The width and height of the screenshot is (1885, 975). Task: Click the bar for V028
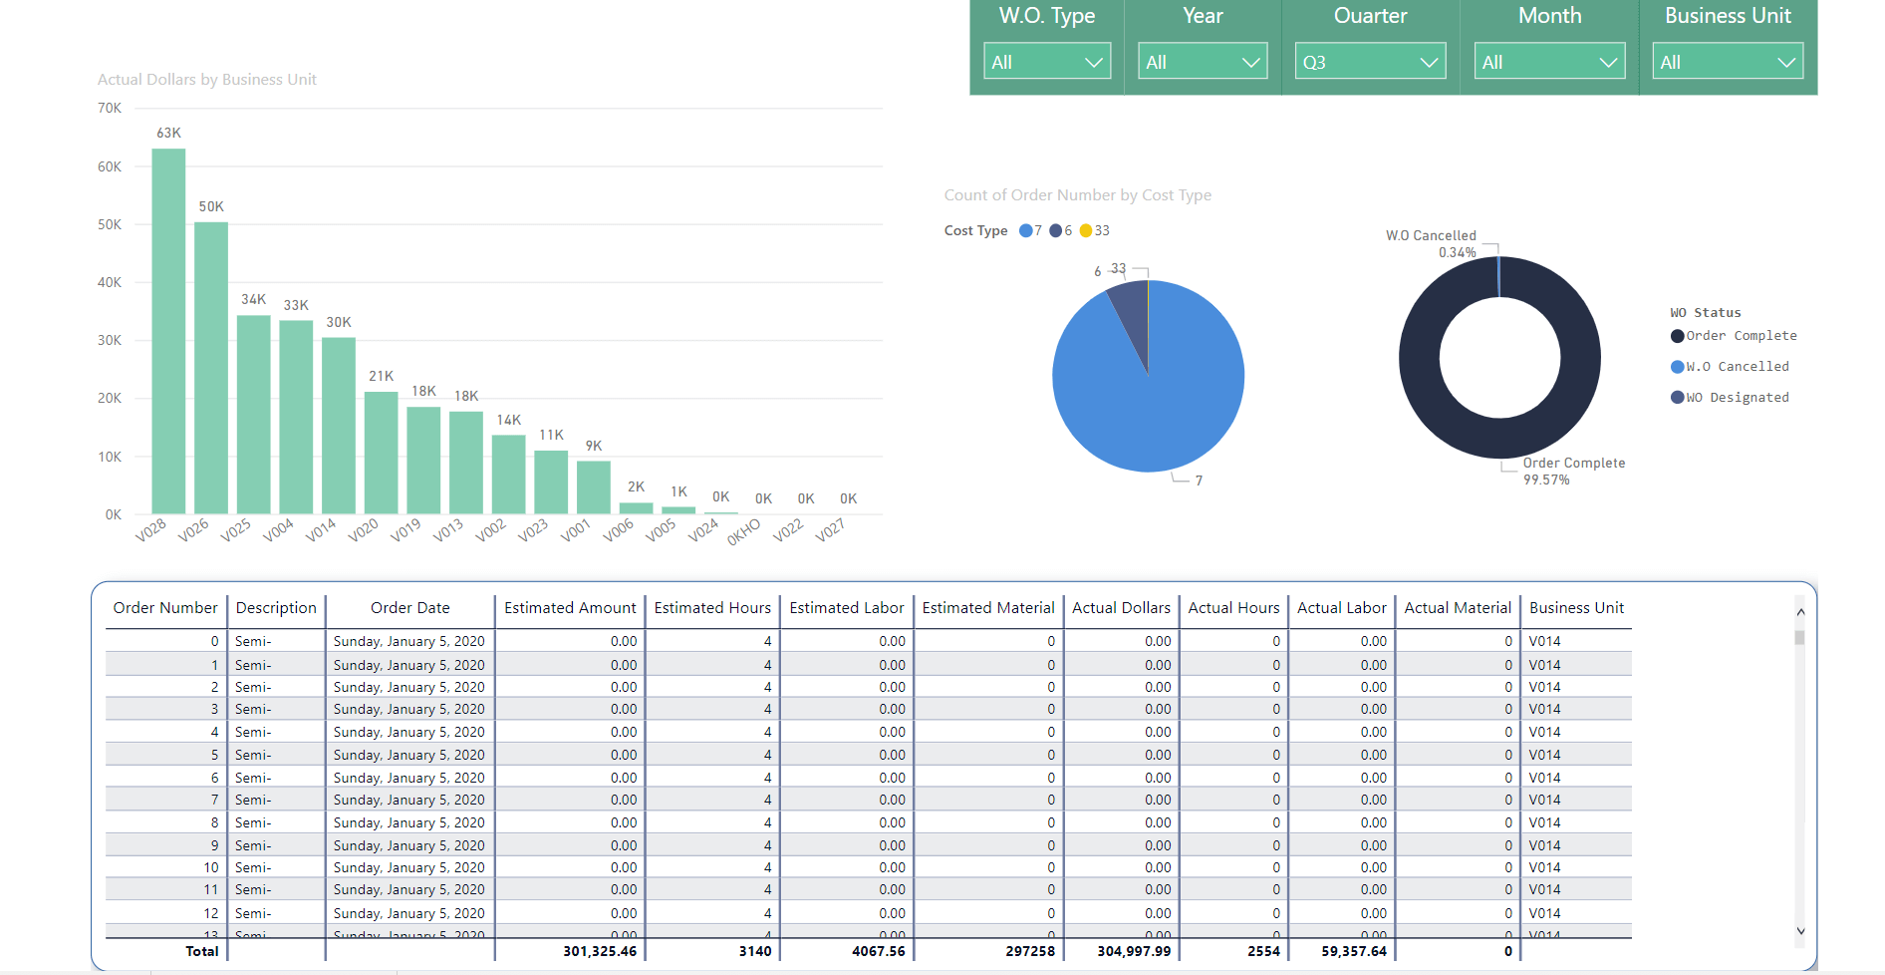pos(168,331)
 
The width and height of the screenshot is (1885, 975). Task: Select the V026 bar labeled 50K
pos(211,368)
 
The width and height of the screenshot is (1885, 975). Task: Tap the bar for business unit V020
pos(381,453)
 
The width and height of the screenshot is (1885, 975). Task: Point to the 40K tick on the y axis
pos(110,282)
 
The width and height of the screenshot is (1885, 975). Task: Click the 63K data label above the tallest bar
pos(168,133)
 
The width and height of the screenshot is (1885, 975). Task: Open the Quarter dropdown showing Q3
pos(1370,61)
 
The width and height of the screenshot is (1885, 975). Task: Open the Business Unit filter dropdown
pos(1728,61)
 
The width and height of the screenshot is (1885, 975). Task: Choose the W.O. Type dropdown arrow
pos(1093,62)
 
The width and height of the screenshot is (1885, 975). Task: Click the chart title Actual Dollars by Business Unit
pos(207,79)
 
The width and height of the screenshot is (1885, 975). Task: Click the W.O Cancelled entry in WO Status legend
pos(1730,367)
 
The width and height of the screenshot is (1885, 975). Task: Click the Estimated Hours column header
pos(712,607)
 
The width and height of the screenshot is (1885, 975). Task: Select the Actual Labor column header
pos(1341,607)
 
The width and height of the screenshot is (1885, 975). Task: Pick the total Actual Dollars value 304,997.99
pos(1134,951)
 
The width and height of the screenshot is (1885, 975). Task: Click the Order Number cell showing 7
pos(214,800)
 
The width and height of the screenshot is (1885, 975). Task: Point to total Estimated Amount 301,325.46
pos(600,951)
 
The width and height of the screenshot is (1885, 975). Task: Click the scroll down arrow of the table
pos(1800,931)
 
